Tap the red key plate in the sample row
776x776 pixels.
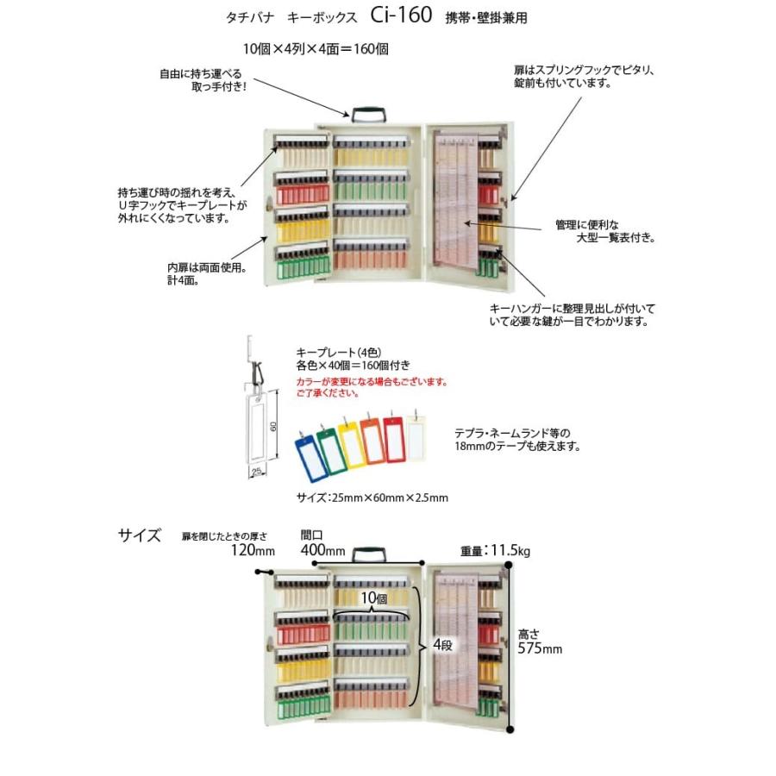pos(394,438)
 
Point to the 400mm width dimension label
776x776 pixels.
pos(322,551)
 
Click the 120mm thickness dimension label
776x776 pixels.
pos(252,551)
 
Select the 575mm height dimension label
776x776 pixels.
pos(541,648)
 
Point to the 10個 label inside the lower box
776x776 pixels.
pos(373,598)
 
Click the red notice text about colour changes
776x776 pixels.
pos(372,386)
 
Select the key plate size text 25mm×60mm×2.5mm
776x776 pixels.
pos(371,498)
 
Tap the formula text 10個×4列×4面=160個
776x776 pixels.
pos(316,49)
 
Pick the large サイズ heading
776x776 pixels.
pos(140,535)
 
